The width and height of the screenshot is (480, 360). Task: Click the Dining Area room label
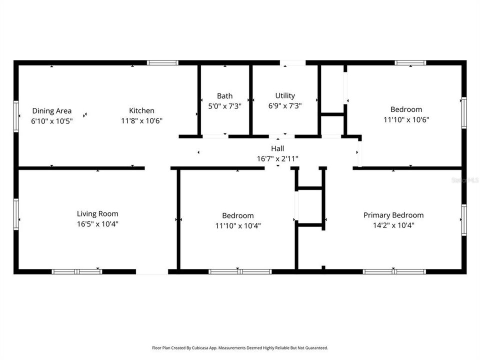[52, 111]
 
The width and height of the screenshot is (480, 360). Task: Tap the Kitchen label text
[141, 111]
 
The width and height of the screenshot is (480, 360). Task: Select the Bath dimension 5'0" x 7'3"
[224, 106]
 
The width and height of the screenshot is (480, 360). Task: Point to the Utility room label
[285, 96]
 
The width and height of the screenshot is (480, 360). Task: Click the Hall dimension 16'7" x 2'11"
[277, 158]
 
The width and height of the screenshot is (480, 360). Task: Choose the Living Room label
[97, 214]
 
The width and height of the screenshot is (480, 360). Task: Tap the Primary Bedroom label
[393, 215]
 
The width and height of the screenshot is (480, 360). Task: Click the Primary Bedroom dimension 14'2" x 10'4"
[393, 225]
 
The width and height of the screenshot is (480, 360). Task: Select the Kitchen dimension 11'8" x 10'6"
[141, 120]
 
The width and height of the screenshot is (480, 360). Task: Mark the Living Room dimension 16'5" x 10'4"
[97, 224]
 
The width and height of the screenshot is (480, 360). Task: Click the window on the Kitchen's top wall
[162, 63]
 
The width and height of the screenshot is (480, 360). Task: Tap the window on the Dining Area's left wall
[16, 116]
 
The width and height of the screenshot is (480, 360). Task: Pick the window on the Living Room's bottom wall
[77, 271]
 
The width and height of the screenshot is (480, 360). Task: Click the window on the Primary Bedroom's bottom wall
[394, 271]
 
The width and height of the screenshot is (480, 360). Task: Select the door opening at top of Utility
[292, 63]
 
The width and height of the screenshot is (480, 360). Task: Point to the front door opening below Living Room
[152, 271]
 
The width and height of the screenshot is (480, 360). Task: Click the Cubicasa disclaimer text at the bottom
[240, 347]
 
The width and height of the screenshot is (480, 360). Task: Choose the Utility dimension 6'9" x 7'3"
[285, 106]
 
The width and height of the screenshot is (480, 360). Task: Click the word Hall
[277, 148]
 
